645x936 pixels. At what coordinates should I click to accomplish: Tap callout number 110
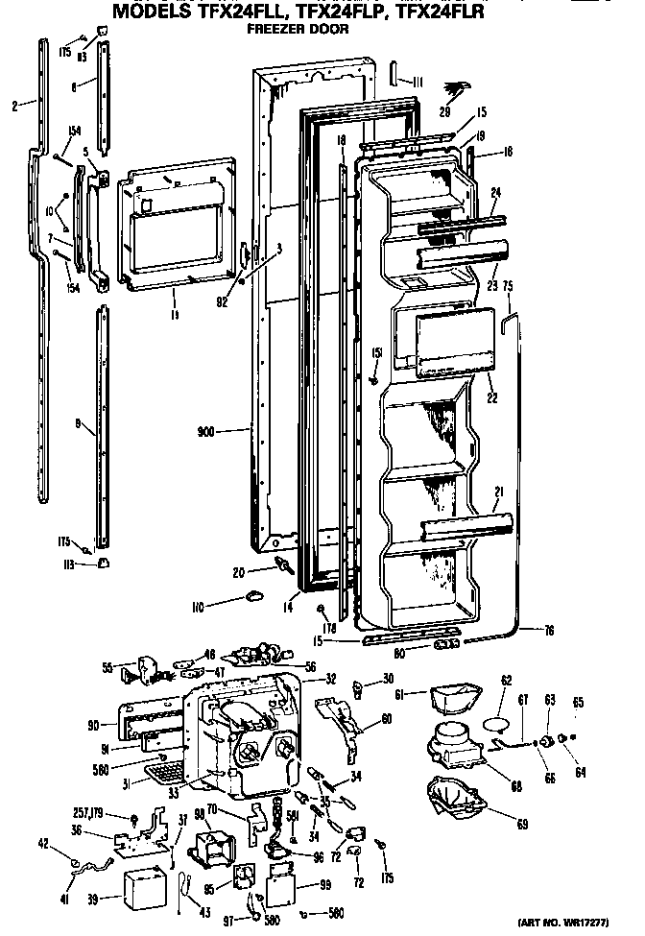tap(200, 607)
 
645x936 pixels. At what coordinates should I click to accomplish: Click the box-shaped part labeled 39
tap(147, 887)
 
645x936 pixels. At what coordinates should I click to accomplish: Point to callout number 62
tap(507, 682)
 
